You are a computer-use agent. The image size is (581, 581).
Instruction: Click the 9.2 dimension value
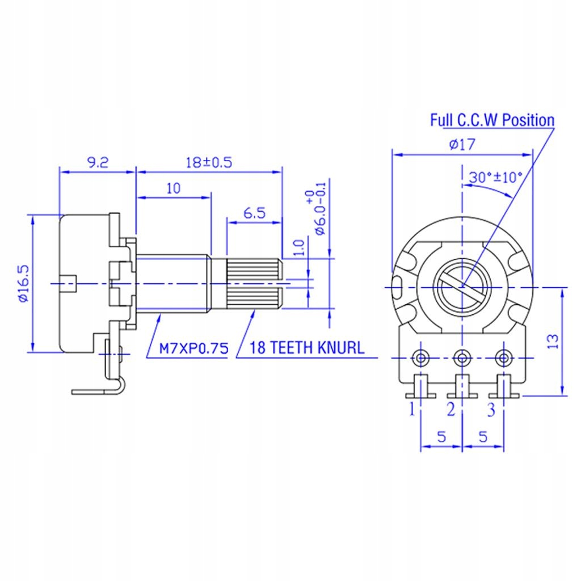coord(97,162)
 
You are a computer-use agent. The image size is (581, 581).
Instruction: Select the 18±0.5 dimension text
coord(209,162)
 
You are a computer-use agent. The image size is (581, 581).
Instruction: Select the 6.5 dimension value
coord(254,213)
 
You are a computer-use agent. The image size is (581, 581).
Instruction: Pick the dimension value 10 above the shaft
coord(173,188)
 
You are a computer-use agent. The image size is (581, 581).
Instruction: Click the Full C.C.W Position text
coord(491,120)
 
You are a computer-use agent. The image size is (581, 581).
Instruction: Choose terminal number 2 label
coord(451,409)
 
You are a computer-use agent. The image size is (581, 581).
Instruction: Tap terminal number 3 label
coord(491,409)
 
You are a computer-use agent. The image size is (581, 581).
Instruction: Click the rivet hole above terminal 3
coord(503,358)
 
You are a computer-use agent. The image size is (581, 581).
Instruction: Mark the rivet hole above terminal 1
coord(422,358)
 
